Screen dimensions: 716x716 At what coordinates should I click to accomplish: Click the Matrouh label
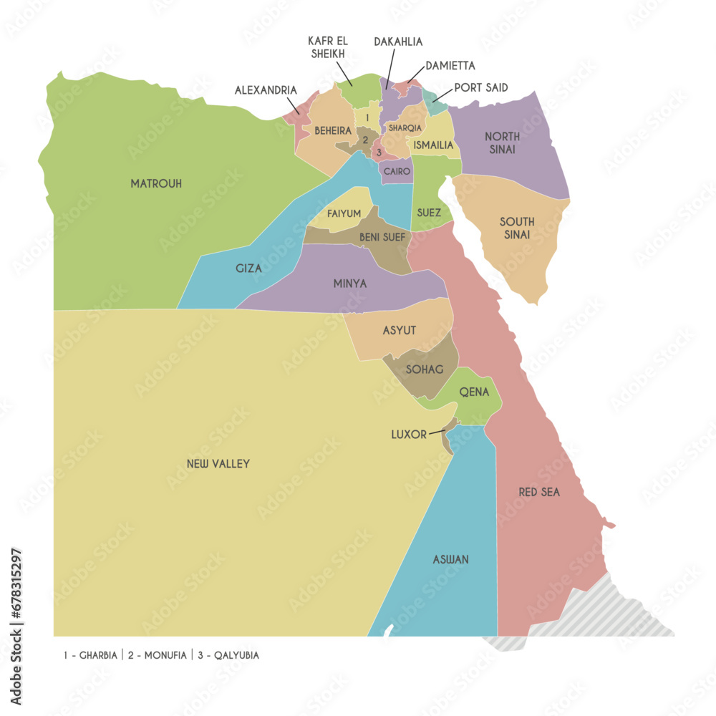click(x=156, y=184)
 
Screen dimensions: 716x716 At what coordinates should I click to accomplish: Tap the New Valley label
click(x=218, y=464)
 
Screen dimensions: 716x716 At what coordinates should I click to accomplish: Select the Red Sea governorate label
click(x=539, y=493)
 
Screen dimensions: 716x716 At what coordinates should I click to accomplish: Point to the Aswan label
click(x=451, y=559)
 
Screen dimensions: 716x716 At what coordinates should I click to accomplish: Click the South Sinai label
click(x=516, y=228)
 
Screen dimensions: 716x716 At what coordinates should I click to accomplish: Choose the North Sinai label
click(x=501, y=142)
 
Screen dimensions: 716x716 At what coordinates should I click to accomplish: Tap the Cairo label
click(x=397, y=172)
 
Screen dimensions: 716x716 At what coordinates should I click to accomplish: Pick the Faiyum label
click(x=344, y=213)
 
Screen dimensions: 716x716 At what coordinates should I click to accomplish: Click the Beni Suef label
click(x=382, y=237)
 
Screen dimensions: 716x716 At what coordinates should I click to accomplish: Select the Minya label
click(x=350, y=284)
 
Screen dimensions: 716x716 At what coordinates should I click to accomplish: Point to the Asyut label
click(x=400, y=330)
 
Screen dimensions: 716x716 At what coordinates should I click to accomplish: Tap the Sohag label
click(x=425, y=369)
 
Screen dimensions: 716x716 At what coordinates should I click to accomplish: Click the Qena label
click(x=474, y=392)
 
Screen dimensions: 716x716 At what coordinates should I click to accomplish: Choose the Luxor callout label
click(x=409, y=435)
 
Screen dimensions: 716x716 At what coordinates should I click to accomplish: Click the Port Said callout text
click(x=481, y=88)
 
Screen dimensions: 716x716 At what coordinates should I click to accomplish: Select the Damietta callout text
click(x=450, y=66)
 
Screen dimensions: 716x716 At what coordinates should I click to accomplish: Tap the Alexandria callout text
click(x=266, y=91)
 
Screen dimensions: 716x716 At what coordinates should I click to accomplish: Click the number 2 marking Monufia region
click(x=365, y=140)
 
